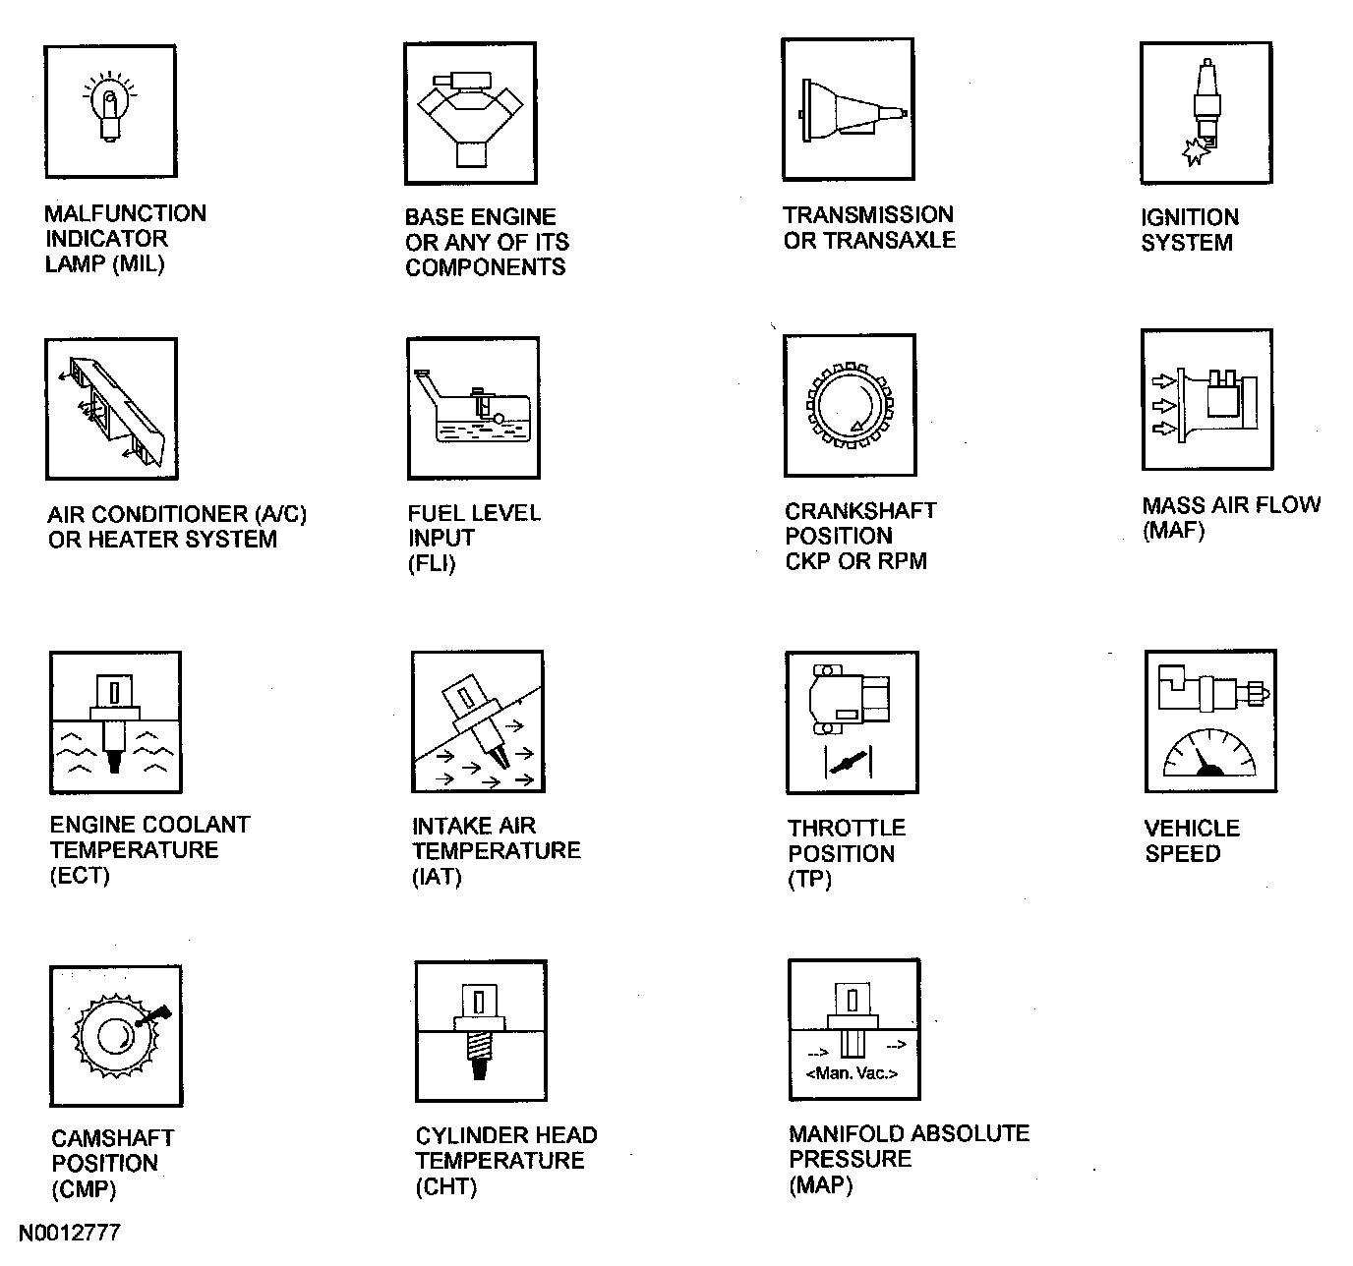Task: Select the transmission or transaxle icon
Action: click(848, 109)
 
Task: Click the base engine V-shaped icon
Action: click(470, 113)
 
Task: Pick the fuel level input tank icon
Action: click(473, 408)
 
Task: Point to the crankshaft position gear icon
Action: click(849, 404)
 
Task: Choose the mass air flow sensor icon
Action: click(1206, 400)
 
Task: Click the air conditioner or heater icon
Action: click(111, 409)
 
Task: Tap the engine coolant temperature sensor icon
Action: click(115, 721)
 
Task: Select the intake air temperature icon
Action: click(477, 721)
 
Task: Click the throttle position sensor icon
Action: click(852, 721)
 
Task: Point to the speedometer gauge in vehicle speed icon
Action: click(1209, 753)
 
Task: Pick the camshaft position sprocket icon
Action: click(115, 1035)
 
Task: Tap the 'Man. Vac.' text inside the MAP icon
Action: click(852, 1073)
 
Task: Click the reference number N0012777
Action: click(70, 1233)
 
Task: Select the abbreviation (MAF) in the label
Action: click(1173, 531)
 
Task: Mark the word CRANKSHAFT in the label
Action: click(860, 511)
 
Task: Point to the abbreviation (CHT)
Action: click(446, 1186)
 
